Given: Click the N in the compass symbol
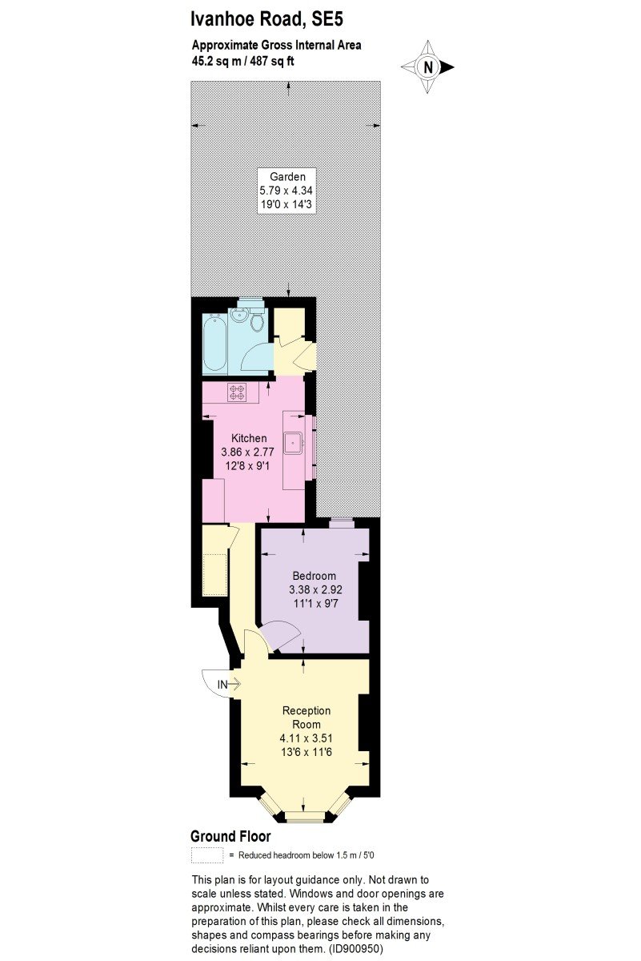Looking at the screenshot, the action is pos(427,67).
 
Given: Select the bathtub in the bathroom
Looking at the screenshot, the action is pos(214,344).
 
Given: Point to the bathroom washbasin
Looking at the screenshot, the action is pos(238,316).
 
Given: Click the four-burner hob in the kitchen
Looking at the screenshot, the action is pos(237,392).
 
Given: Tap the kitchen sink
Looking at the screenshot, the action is pos(294,443).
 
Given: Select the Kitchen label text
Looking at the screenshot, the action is pos(249,438).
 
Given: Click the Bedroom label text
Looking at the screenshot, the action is pos(314,576).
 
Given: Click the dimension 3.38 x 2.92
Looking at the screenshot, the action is pos(315,589).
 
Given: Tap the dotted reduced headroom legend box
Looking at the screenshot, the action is pos(207,854).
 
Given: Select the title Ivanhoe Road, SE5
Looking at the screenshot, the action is pos(266,20).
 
